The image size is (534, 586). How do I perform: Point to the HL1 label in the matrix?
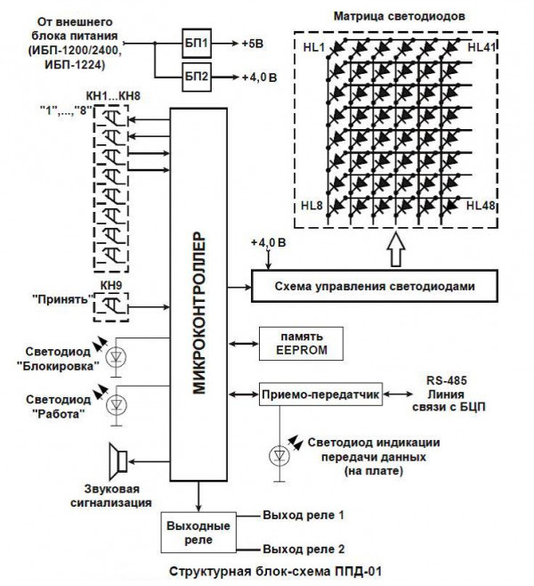[312, 45]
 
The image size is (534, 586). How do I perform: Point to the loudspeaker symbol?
[117, 460]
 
